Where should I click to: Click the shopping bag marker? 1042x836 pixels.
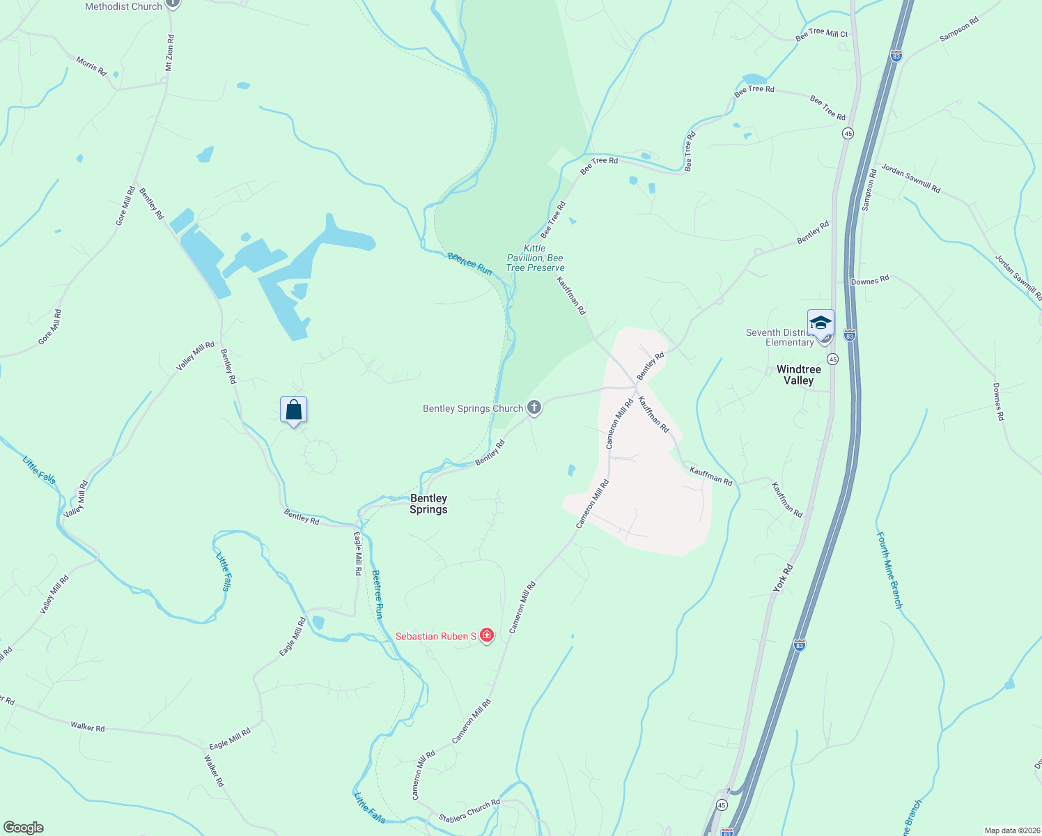pyautogui.click(x=293, y=410)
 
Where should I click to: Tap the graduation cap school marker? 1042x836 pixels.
pyautogui.click(x=821, y=323)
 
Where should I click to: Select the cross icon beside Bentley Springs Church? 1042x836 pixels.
pyautogui.click(x=534, y=408)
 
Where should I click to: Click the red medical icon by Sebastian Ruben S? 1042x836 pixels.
pyautogui.click(x=487, y=635)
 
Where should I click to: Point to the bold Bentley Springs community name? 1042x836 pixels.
pyautogui.click(x=428, y=504)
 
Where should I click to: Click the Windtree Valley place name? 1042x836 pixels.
pyautogui.click(x=798, y=375)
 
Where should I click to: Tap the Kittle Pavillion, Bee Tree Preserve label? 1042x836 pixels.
pyautogui.click(x=535, y=258)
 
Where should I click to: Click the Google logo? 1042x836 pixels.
pyautogui.click(x=23, y=828)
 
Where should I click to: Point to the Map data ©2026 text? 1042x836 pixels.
pyautogui.click(x=1011, y=830)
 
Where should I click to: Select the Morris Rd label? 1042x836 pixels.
pyautogui.click(x=91, y=67)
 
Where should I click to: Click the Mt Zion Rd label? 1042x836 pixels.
pyautogui.click(x=169, y=53)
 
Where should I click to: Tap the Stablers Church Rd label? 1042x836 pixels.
pyautogui.click(x=469, y=811)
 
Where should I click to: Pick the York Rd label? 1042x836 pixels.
pyautogui.click(x=783, y=579)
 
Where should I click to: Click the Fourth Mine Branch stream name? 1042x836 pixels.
pyautogui.click(x=889, y=570)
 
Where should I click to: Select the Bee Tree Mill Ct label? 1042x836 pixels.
pyautogui.click(x=822, y=34)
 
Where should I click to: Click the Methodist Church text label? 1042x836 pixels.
pyautogui.click(x=123, y=6)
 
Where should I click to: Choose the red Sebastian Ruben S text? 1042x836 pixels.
pyautogui.click(x=436, y=636)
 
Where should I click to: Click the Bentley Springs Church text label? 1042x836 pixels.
pyautogui.click(x=473, y=408)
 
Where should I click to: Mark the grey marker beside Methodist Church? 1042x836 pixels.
pyautogui.click(x=173, y=3)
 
